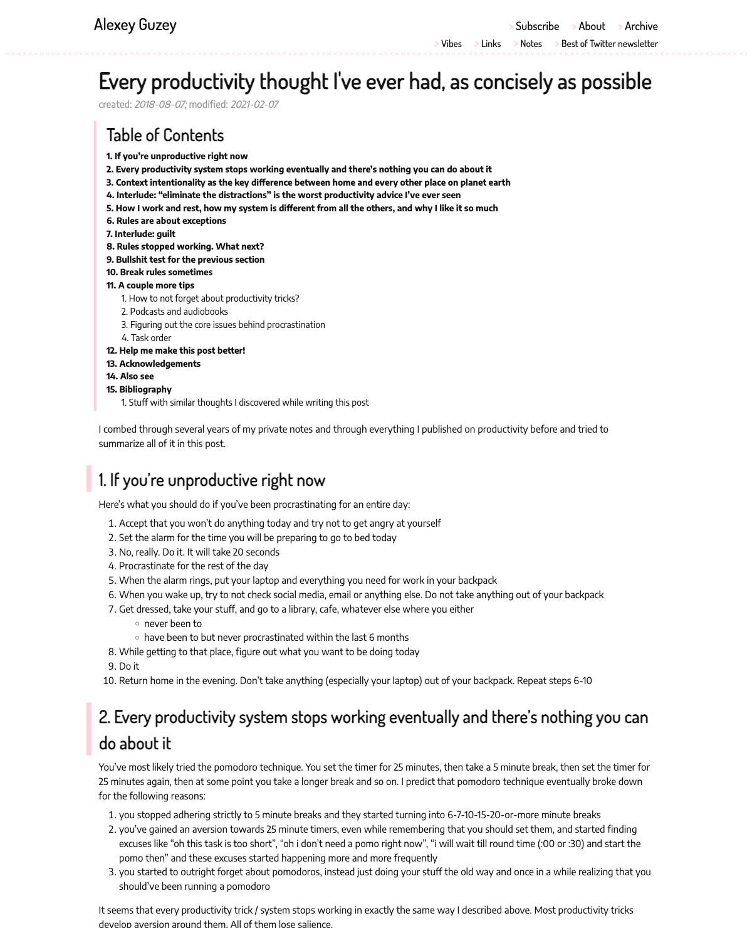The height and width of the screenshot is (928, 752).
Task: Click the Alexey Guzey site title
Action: point(135,24)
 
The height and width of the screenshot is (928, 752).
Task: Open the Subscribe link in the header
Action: point(537,26)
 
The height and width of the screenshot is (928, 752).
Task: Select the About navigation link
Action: point(592,26)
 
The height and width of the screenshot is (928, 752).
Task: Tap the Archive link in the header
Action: point(641,26)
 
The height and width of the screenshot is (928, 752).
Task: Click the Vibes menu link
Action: point(451,44)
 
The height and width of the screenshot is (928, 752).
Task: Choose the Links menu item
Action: point(491,44)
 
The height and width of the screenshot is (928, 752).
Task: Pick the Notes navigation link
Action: point(531,44)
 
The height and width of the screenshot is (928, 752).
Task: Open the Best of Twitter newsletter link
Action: point(609,44)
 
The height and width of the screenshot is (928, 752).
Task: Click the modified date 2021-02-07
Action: point(254,104)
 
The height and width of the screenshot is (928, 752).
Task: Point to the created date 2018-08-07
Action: point(160,104)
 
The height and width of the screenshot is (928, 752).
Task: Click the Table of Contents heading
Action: point(165,135)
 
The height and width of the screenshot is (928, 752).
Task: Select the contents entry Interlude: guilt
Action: point(145,234)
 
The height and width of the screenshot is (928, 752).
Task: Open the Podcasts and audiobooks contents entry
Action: point(179,312)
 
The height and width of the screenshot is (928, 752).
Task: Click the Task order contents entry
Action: point(150,338)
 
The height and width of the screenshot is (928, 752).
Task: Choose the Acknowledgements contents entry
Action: point(160,364)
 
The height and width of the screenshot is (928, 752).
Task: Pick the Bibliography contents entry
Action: point(145,389)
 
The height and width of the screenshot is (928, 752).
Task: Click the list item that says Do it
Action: point(129,667)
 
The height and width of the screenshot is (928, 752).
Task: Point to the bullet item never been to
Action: point(173,624)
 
